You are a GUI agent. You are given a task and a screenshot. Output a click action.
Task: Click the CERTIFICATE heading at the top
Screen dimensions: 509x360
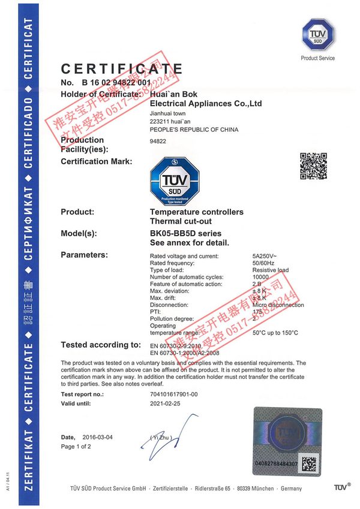pos(122,69)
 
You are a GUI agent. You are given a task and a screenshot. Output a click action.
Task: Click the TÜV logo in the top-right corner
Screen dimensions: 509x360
pos(317,35)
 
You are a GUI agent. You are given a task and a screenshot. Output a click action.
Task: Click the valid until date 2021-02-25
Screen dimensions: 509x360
pos(165,405)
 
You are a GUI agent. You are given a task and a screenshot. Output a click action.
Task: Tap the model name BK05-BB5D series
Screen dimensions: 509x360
pos(185,233)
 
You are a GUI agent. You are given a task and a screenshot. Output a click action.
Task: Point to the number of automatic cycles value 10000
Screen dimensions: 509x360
pos(262,277)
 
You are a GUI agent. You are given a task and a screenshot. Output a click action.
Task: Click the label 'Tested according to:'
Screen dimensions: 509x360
pos(101,345)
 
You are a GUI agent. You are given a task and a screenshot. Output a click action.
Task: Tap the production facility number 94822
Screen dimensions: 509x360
pos(157,142)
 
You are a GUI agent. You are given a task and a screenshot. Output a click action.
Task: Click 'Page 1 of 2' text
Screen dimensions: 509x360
pos(77,447)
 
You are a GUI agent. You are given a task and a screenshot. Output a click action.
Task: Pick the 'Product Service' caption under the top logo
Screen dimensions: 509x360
pos(318,58)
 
